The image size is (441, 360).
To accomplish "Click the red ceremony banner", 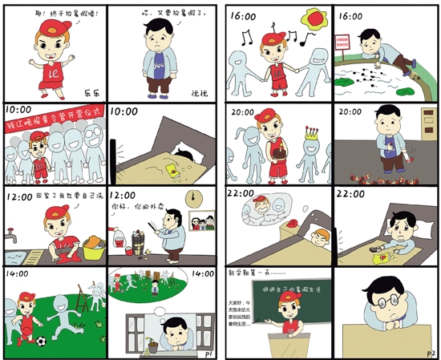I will [53, 123].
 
